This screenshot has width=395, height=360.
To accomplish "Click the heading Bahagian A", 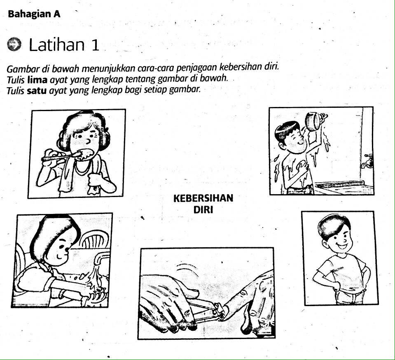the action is click(x=34, y=14).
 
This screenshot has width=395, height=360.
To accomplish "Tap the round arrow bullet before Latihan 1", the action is click(x=14, y=44).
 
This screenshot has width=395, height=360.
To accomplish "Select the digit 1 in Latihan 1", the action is click(x=95, y=45).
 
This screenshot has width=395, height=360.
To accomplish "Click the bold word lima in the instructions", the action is click(x=37, y=80).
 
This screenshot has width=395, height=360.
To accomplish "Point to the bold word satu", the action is click(x=37, y=91).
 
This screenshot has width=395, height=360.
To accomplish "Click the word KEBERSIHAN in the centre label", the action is click(x=203, y=198).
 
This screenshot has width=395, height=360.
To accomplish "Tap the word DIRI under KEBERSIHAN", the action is click(x=203, y=209).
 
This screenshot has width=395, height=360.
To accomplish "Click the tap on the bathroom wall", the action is click(x=367, y=161).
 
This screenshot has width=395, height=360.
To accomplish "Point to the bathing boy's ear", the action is click(x=282, y=144).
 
